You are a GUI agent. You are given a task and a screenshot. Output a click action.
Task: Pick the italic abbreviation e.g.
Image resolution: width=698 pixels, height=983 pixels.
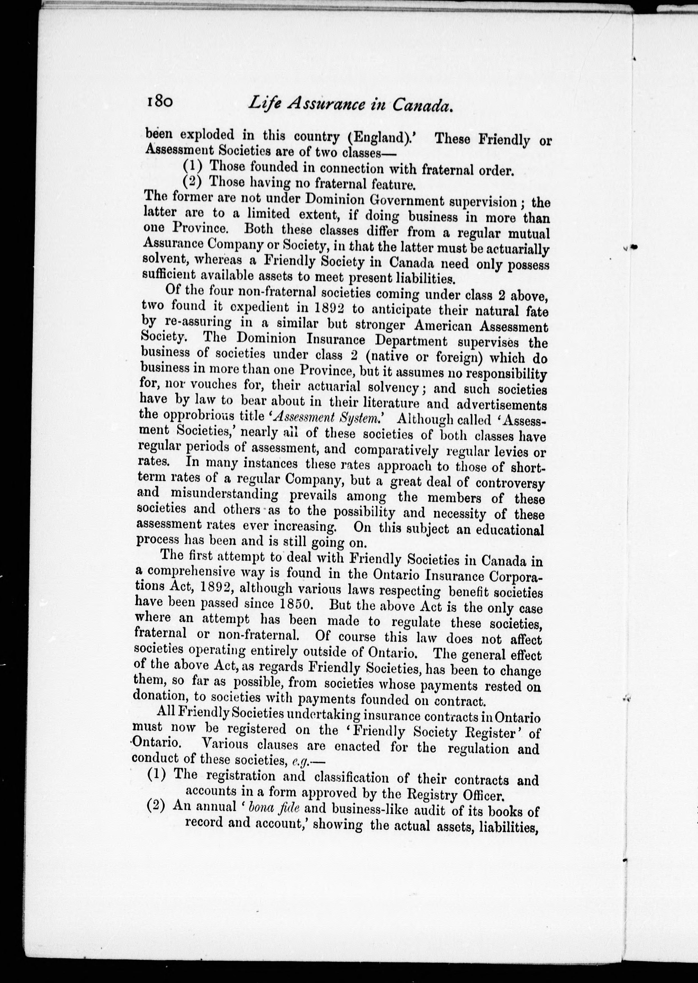tap(299, 761)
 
